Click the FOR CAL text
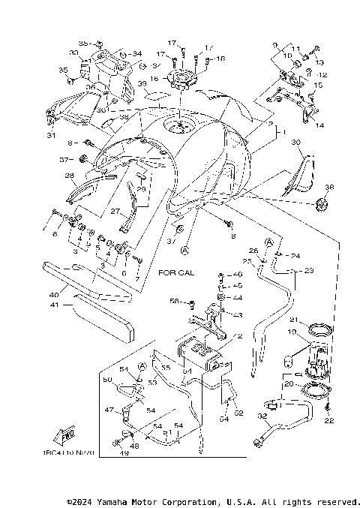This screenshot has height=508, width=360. [176, 272]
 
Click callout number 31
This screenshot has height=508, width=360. [51, 136]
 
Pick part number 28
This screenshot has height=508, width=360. [69, 176]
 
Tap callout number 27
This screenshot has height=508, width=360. [115, 212]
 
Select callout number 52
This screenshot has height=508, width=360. [238, 412]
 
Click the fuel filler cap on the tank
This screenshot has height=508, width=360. [181, 126]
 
